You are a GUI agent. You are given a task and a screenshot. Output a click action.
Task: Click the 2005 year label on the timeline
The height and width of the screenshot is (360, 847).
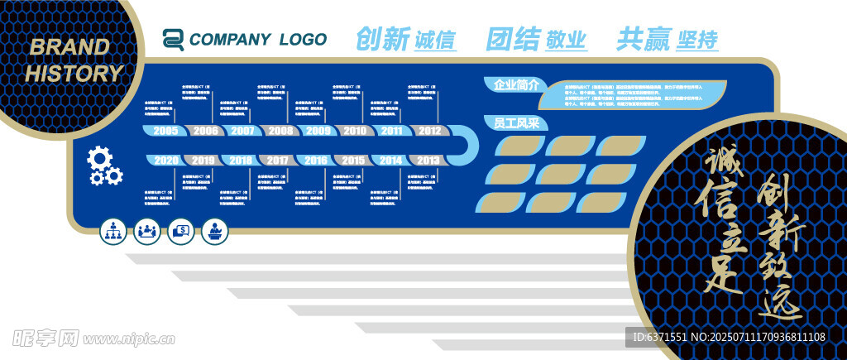[x=165, y=131]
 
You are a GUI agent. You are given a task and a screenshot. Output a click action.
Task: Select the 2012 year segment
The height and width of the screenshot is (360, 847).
[x=429, y=131]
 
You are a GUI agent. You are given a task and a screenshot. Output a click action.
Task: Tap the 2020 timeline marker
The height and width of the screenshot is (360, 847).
[x=165, y=160]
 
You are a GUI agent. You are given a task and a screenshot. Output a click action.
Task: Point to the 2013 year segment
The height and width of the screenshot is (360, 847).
[x=428, y=160]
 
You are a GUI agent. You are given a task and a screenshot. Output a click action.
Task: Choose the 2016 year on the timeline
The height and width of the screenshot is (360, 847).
[x=315, y=160]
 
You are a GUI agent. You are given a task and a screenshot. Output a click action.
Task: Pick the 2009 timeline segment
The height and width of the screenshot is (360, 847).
[x=318, y=131]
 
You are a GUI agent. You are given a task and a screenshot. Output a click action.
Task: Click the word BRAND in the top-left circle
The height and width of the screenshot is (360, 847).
[x=69, y=47]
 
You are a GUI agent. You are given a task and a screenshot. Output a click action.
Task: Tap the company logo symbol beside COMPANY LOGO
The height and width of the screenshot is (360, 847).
[x=173, y=39]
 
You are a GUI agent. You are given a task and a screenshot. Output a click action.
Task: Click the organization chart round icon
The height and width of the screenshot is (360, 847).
[x=113, y=232]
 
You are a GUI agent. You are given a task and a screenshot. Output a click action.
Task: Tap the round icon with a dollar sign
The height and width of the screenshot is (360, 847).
[x=180, y=232]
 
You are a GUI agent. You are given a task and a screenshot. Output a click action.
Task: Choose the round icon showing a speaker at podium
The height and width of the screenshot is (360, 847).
[x=214, y=232]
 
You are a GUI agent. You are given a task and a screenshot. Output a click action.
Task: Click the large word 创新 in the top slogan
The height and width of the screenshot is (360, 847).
[x=383, y=39]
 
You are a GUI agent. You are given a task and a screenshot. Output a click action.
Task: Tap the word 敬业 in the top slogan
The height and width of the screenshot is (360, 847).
[x=567, y=40]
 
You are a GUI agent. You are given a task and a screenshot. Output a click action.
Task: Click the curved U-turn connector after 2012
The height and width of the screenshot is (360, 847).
[x=469, y=146]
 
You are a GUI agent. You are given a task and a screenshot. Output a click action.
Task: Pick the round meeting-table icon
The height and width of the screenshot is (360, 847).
[x=147, y=232]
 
